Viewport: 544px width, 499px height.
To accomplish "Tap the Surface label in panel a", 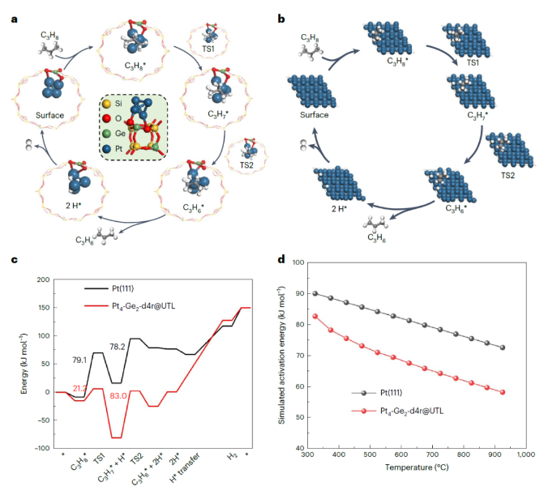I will pos(50,115).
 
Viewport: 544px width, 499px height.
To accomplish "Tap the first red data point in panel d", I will pos(315,316).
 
